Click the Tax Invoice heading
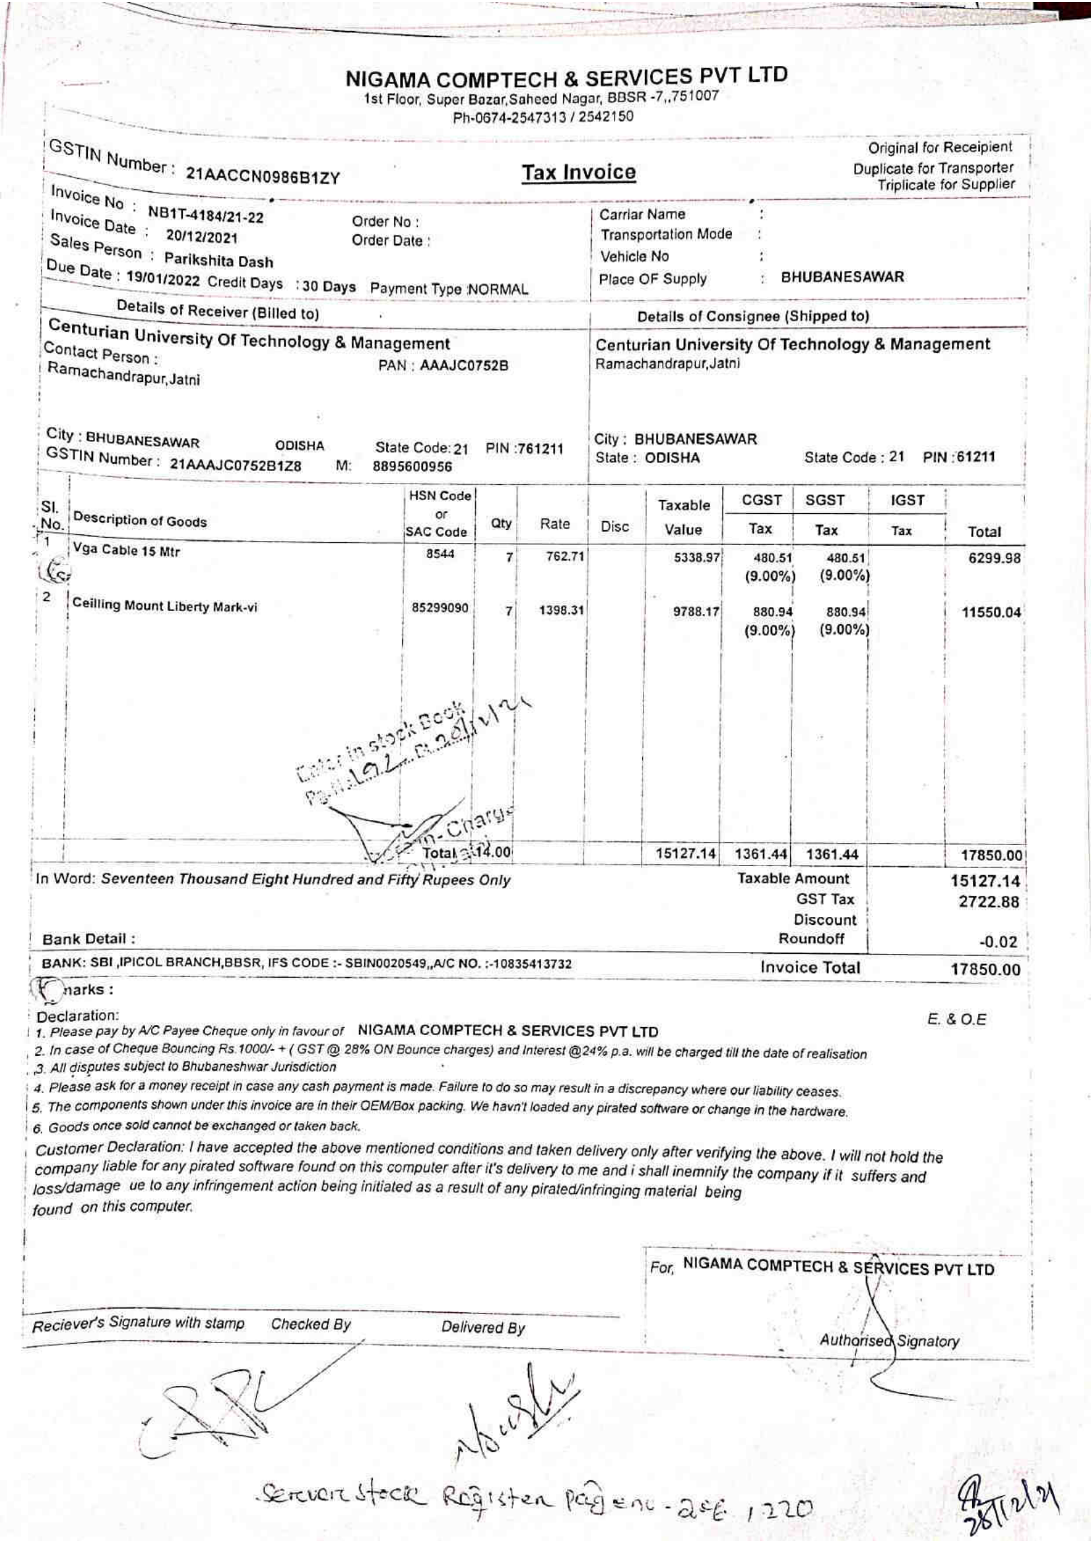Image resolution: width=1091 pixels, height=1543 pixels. pyautogui.click(x=579, y=173)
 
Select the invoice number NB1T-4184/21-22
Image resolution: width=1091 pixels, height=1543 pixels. pyautogui.click(x=206, y=216)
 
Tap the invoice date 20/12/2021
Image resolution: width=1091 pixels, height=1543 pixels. pyautogui.click(x=202, y=238)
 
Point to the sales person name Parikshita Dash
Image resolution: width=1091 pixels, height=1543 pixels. pyautogui.click(x=218, y=260)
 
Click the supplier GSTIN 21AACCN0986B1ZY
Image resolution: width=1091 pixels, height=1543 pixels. pyautogui.click(x=263, y=177)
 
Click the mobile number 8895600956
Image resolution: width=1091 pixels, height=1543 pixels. pyautogui.click(x=413, y=466)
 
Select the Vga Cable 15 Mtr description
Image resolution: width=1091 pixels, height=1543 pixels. pyautogui.click(x=126, y=550)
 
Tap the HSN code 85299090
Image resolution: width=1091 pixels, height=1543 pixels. pyautogui.click(x=440, y=608)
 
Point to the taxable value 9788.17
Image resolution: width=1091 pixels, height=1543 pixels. pyautogui.click(x=696, y=612)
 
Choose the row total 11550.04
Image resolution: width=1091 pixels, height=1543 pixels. pyautogui.click(x=991, y=612)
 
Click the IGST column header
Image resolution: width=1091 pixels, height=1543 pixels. pyautogui.click(x=907, y=500)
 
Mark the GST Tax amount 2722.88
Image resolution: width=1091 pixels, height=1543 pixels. pyautogui.click(x=988, y=902)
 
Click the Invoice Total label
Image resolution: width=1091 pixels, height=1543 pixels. pyautogui.click(x=809, y=968)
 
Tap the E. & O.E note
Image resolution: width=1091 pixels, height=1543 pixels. pyautogui.click(x=956, y=1019)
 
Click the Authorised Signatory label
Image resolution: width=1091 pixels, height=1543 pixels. pyautogui.click(x=888, y=1340)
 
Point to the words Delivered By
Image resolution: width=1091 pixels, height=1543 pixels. pyautogui.click(x=482, y=1327)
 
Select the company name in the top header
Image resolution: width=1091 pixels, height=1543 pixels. pyautogui.click(x=566, y=78)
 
